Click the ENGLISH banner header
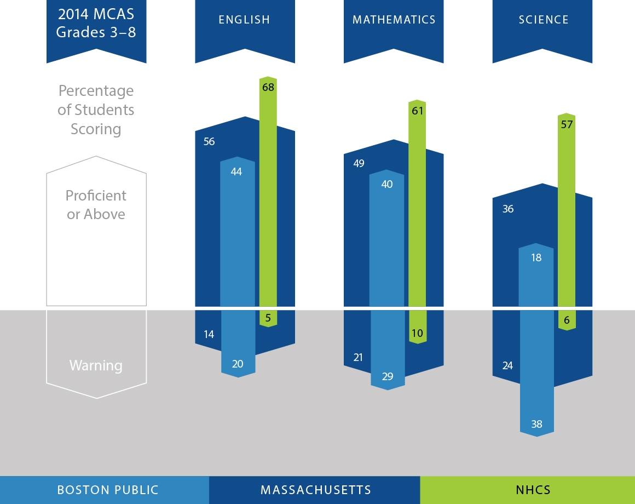click(x=245, y=20)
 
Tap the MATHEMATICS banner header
click(x=394, y=20)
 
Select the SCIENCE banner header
click(x=543, y=20)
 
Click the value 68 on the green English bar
click(x=268, y=87)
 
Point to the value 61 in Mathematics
click(x=417, y=111)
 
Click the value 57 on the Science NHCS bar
click(x=567, y=124)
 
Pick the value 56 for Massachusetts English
click(x=209, y=141)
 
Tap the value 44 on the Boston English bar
click(x=236, y=171)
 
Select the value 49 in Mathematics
click(x=359, y=163)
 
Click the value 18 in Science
click(x=536, y=257)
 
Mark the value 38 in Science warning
click(x=536, y=423)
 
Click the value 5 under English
click(x=268, y=317)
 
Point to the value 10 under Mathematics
click(x=417, y=333)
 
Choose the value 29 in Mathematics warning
click(x=387, y=376)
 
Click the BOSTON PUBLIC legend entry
click(x=108, y=490)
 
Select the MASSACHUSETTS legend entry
click(x=315, y=490)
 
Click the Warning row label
click(x=96, y=365)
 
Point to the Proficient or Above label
click(x=96, y=205)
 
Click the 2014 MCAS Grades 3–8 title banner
click(x=96, y=23)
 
